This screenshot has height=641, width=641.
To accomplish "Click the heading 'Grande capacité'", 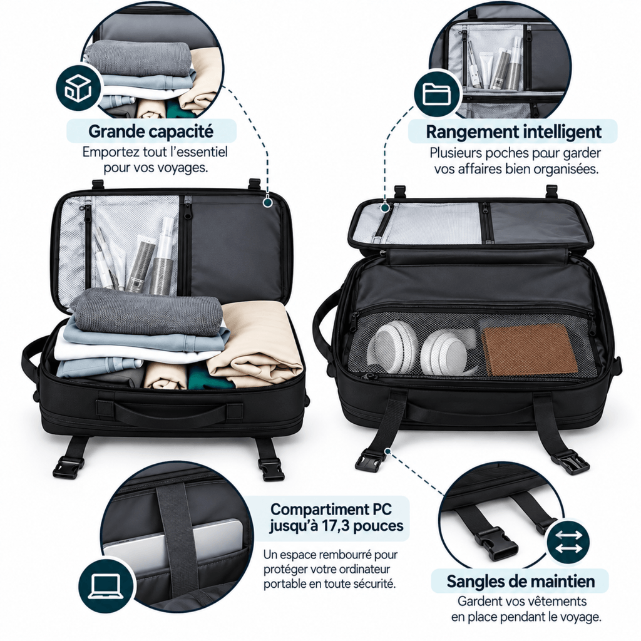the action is [151, 131].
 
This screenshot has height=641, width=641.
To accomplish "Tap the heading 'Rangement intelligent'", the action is [513, 132].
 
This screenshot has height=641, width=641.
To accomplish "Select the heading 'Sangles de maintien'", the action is [520, 582].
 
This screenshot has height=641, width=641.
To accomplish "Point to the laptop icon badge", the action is [105, 585].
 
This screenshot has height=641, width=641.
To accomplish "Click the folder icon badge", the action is [437, 94].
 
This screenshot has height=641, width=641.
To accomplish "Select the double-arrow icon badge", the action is [568, 541].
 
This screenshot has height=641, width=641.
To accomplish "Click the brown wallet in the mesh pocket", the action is [529, 350].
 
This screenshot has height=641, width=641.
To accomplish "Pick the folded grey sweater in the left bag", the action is [147, 312].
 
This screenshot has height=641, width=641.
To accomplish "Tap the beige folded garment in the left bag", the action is [256, 342].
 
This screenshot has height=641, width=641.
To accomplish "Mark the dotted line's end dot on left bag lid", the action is [268, 202].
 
